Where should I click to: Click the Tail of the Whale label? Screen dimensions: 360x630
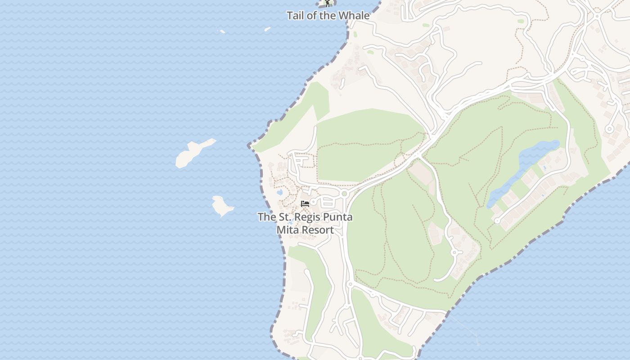point(328,16)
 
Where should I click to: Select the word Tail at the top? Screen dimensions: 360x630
point(295,16)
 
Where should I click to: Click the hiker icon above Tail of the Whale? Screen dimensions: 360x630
point(328,3)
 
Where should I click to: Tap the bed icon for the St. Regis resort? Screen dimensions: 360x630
point(305,203)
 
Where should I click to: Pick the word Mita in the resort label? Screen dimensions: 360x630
point(286,230)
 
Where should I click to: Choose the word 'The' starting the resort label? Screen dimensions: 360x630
point(266,217)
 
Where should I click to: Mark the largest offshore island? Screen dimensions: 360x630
point(193,153)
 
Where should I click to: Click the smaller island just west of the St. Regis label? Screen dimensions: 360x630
point(222,206)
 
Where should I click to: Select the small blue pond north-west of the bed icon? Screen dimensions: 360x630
point(279,192)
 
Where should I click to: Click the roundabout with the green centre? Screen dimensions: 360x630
point(345,193)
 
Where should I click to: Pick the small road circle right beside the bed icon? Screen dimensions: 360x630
point(313,202)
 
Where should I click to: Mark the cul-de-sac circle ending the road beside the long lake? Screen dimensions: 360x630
point(497,221)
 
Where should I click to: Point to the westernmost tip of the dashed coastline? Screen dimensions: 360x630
point(249,146)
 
